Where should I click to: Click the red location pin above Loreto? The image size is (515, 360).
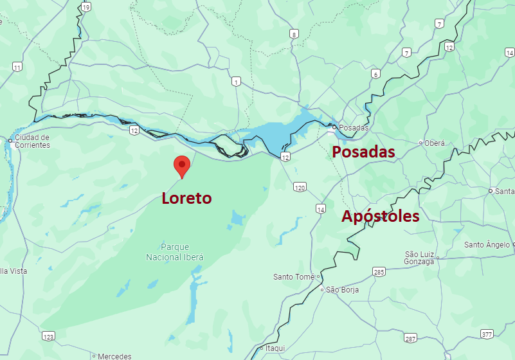point(182,165)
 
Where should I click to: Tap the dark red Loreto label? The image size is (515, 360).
point(186,198)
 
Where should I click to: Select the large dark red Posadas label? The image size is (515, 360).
point(363,152)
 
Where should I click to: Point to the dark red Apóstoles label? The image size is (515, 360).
point(380,216)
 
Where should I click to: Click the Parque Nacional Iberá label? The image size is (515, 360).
point(175,251)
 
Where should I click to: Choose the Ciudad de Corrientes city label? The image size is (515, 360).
point(32,141)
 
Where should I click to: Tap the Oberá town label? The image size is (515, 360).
point(434,143)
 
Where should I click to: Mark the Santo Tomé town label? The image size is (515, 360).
point(294,277)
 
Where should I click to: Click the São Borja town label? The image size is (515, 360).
point(342,290)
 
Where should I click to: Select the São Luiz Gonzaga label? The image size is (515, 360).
point(419,257)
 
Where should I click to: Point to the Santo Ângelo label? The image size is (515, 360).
point(487,244)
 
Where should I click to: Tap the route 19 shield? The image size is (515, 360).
point(86,6)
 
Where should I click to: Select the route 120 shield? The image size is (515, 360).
point(300,187)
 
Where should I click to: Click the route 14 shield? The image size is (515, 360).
point(320,209)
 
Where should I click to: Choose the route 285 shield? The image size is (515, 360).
point(379,272)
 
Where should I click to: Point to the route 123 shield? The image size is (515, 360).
point(48,336)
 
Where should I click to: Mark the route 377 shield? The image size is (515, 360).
point(487,334)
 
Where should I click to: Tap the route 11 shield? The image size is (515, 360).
point(17,67)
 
